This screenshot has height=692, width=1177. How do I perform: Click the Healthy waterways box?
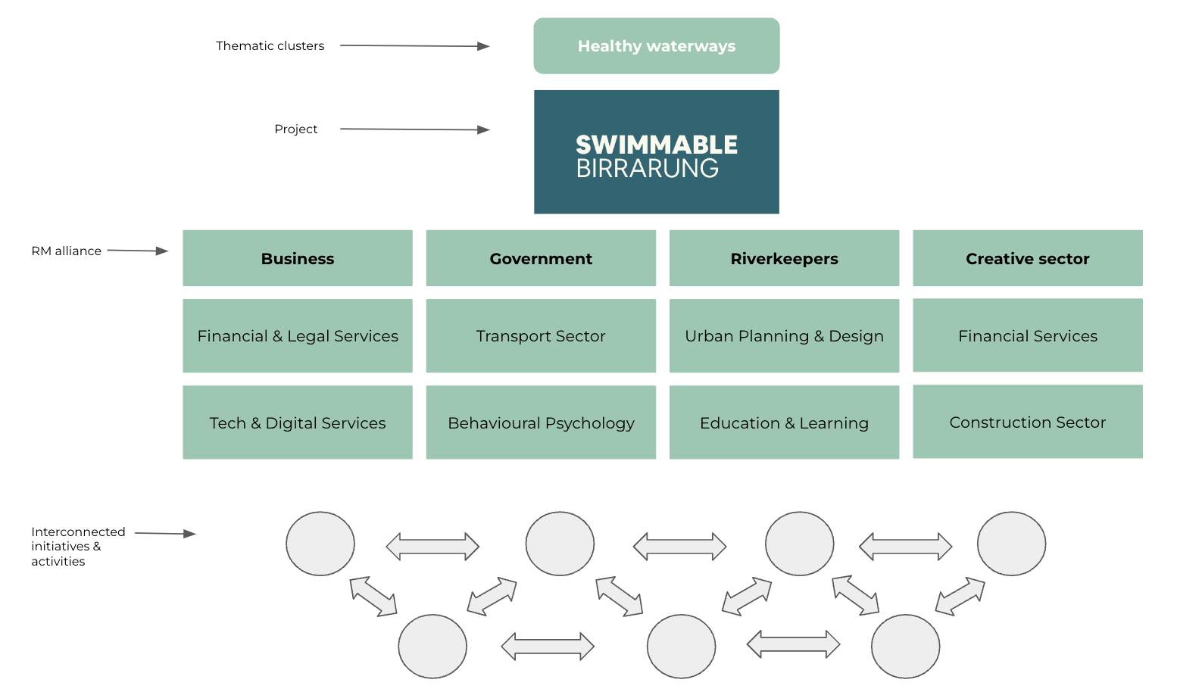coord(656,46)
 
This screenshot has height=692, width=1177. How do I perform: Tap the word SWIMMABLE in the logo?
coord(656,144)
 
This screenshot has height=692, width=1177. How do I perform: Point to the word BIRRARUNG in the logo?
coord(647,169)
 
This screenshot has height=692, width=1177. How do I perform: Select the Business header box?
coord(297,258)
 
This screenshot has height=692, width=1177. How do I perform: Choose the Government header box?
coord(541,258)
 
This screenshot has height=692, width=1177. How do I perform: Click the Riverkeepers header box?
coord(784,258)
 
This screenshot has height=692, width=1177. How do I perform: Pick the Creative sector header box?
coord(1027,258)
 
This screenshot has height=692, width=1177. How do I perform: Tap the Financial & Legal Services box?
coord(297,335)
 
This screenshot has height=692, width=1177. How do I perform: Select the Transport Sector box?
coord(541,335)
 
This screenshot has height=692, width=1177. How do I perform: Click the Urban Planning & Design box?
coord(784,335)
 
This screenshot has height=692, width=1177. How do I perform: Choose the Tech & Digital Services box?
coord(297,422)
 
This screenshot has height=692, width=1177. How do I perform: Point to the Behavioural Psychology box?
coord(541,422)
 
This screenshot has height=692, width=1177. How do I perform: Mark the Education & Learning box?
coord(784,422)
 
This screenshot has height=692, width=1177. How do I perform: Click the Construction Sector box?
coord(1027,422)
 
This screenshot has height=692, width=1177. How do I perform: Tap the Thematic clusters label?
coord(270,46)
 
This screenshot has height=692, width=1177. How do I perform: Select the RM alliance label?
coord(66,251)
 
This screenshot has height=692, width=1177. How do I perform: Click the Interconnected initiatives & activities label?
coord(77,546)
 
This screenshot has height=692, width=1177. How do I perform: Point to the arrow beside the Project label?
coord(414,129)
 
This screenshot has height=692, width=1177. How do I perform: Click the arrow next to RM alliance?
coord(137,251)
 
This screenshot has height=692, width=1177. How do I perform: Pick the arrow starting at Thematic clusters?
coord(414,46)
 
